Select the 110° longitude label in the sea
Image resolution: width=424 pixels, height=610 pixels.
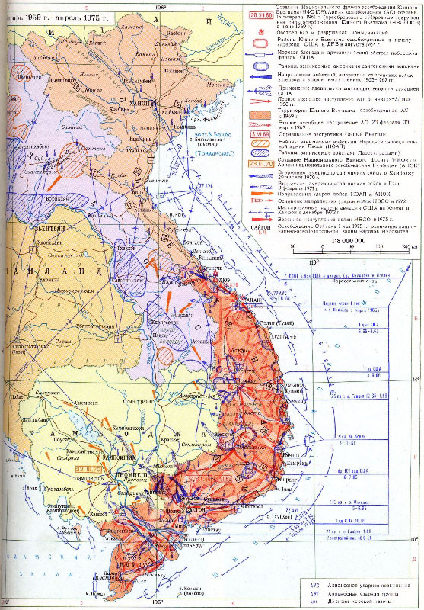coord(311,241)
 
